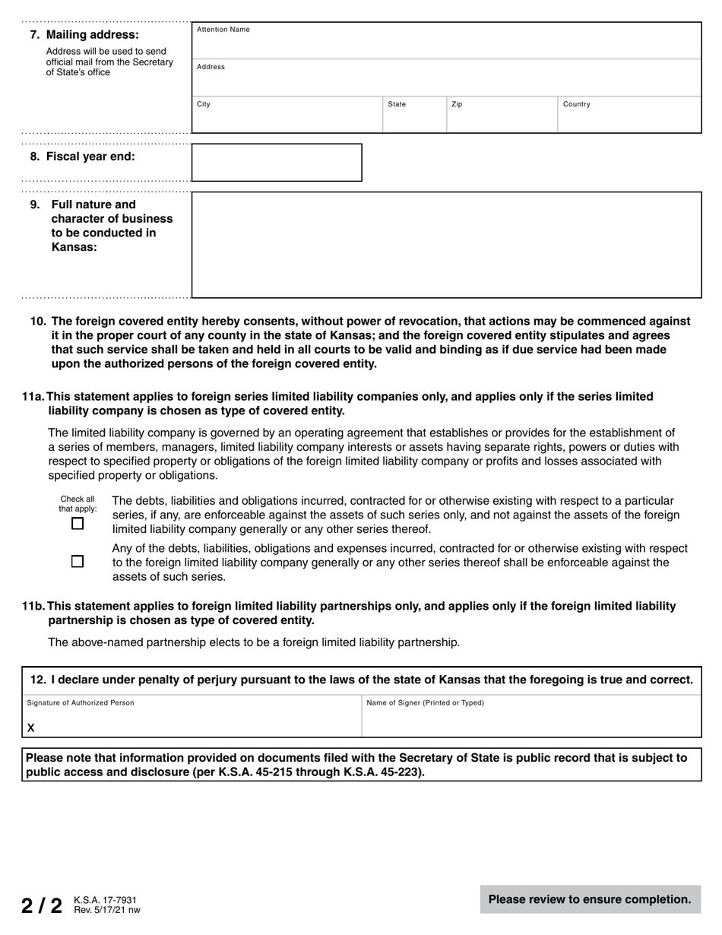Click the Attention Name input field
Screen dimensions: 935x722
(445, 41)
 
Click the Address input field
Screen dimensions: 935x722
(445, 78)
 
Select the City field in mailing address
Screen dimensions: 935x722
(287, 116)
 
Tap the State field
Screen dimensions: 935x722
(414, 116)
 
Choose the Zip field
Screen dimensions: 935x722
(502, 116)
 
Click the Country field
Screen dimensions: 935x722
(629, 116)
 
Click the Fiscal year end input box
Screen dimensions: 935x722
(277, 163)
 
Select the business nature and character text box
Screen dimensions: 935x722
(445, 245)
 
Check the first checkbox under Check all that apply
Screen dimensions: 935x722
(78, 524)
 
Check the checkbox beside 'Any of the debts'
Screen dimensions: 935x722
(78, 562)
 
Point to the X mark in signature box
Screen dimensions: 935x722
(31, 728)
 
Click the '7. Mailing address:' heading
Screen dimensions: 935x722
(84, 35)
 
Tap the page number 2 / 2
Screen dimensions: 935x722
(42, 905)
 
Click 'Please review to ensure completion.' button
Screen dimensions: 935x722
(590, 899)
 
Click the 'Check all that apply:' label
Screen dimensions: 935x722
(78, 504)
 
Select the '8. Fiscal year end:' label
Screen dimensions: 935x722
(83, 157)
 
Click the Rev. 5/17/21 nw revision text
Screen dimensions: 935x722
(107, 910)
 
